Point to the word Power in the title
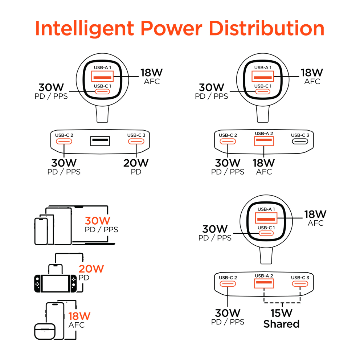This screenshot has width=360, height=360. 172,29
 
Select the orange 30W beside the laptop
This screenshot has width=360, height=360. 97,221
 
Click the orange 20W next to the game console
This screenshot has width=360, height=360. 91,269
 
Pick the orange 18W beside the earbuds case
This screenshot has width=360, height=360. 79,316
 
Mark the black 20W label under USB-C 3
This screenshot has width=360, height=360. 136,163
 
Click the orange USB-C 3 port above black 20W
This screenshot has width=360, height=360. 136,142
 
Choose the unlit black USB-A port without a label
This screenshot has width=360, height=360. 100,140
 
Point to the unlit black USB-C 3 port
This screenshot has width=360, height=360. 300,142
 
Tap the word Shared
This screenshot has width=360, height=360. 282,324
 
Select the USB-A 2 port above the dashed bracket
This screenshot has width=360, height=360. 264,283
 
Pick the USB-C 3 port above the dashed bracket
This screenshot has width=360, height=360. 300,284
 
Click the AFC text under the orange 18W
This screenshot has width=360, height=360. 77,325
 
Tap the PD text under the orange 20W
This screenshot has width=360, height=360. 84,278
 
